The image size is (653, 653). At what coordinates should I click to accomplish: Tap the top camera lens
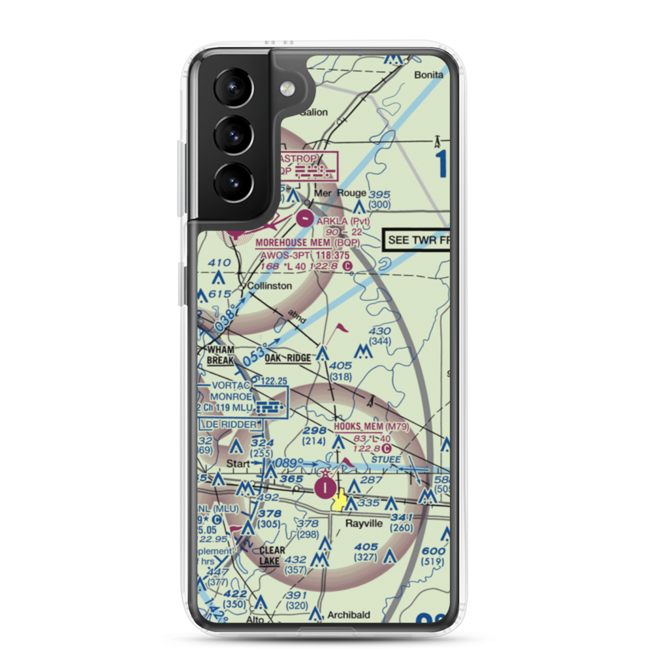pyautogui.click(x=233, y=89)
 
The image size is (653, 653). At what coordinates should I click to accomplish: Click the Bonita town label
pyautogui.click(x=428, y=75)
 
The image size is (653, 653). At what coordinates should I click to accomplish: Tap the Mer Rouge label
pyautogui.click(x=340, y=193)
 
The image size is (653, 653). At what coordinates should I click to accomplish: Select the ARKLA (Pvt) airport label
pyautogui.click(x=343, y=221)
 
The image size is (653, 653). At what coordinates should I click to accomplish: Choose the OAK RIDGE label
pyautogui.click(x=288, y=358)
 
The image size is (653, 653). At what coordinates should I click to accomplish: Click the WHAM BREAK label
pyautogui.click(x=220, y=355)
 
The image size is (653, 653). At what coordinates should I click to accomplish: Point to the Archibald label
pyautogui.click(x=349, y=614)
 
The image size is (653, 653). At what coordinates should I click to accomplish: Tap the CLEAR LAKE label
pyautogui.click(x=271, y=555)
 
